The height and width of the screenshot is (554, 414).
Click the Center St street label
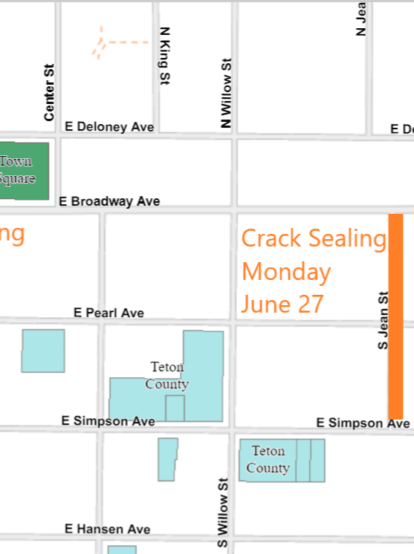pos(50,91)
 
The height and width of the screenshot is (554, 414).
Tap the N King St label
pos(165,56)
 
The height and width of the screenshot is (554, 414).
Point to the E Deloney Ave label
pos(109,127)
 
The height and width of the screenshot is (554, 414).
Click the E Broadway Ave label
pos(109,201)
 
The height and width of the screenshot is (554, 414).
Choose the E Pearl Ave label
pos(109,313)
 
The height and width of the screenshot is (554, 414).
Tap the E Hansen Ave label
pos(107,529)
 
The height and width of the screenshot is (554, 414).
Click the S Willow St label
pos(222,513)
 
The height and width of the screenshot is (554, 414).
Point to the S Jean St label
pos(384,320)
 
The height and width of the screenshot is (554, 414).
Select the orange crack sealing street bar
pos(395,316)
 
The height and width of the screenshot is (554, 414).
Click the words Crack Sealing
pos(314,238)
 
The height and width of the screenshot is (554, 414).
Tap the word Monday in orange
pos(286,272)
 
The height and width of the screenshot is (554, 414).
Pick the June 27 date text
pos(283,304)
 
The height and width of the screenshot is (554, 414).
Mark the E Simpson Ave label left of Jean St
pos(363,423)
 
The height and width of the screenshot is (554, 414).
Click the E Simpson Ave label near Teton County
pos(109,421)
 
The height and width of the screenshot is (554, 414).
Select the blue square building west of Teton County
pos(43,351)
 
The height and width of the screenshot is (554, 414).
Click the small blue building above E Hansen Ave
pos(168,459)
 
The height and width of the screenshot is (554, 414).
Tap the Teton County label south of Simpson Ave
pos(268,460)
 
